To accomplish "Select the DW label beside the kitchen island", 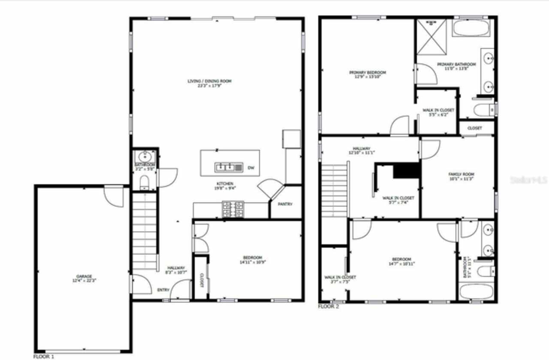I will click(x=250, y=168).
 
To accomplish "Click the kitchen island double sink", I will click(x=228, y=166).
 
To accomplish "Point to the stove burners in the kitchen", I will click(x=232, y=209).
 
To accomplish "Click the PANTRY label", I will click(x=285, y=204).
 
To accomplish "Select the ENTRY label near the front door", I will click(x=163, y=290).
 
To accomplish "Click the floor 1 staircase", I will click(x=144, y=231).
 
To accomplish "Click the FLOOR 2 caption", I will click(x=329, y=306).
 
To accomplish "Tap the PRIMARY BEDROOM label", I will click(x=367, y=72).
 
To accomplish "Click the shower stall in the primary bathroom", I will click(x=432, y=37).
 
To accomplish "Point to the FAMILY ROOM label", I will click(x=461, y=174).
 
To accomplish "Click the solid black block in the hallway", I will click(x=406, y=171).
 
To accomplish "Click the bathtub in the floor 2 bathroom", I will click(x=476, y=291).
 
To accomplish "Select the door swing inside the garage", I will click(x=114, y=196).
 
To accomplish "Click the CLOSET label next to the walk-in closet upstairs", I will click(x=474, y=128).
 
